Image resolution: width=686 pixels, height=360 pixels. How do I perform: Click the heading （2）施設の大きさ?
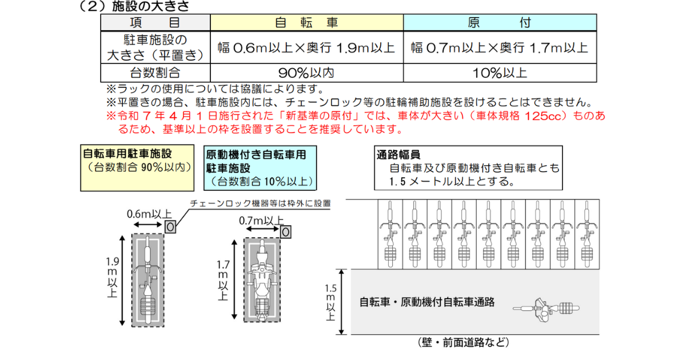click(x=134, y=7)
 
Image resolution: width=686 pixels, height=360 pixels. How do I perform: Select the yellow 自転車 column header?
click(x=306, y=22)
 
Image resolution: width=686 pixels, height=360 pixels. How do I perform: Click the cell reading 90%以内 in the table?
click(x=306, y=73)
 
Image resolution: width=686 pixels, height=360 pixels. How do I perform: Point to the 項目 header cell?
click(x=155, y=22)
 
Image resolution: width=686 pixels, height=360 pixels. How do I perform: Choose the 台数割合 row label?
click(x=155, y=73)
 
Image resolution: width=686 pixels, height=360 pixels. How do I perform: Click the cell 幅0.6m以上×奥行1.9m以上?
click(x=306, y=47)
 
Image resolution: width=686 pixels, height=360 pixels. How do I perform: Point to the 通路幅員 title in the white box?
click(x=398, y=154)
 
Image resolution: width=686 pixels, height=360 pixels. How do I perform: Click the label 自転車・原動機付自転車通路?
click(x=426, y=302)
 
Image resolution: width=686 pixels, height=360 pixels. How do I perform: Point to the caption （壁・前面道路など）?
click(x=463, y=343)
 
